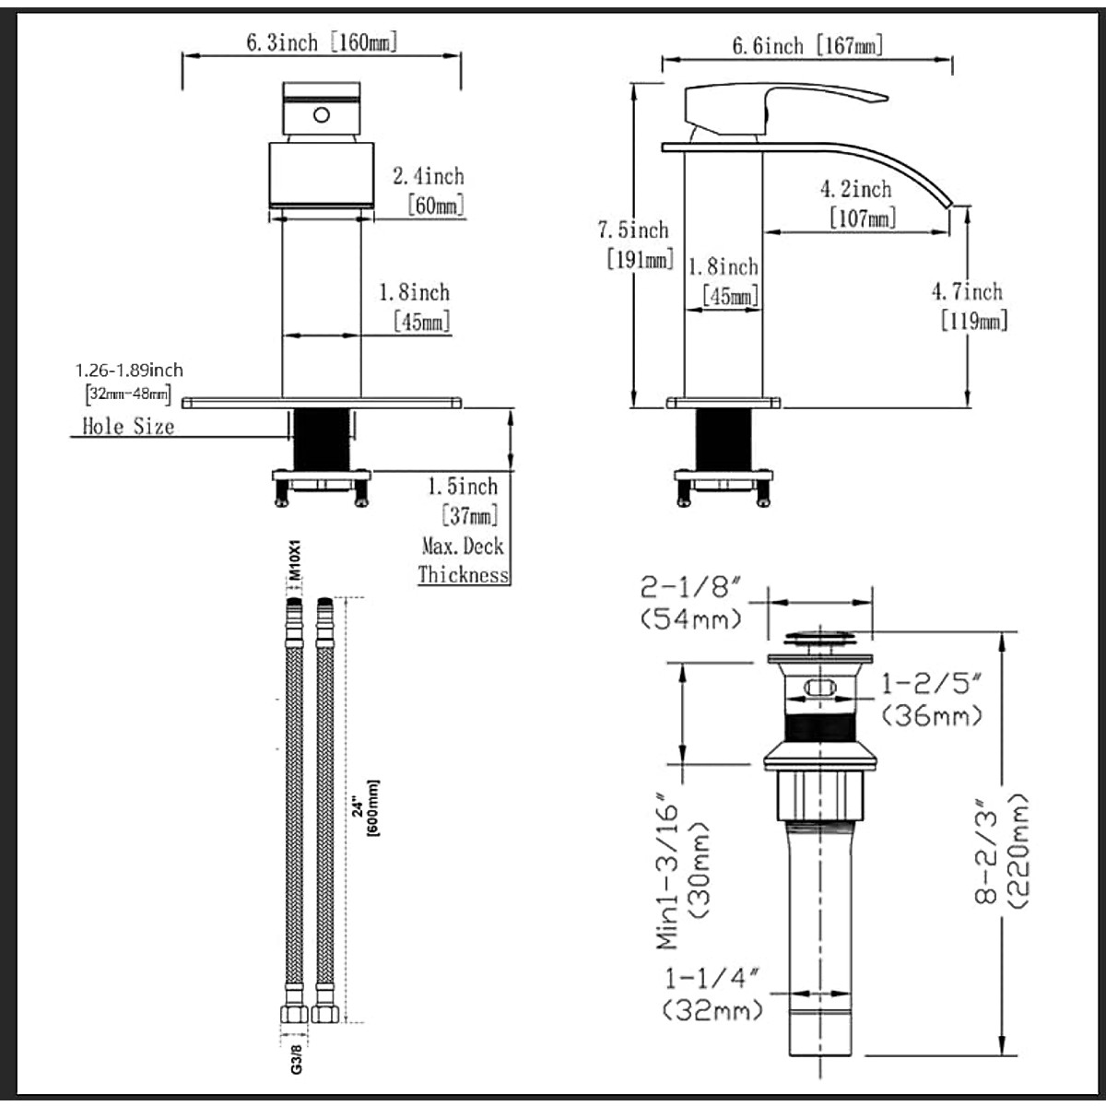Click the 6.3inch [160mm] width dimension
(x=322, y=42)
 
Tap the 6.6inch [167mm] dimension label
(x=807, y=46)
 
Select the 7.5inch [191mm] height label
(x=635, y=245)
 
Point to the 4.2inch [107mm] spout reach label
(x=857, y=204)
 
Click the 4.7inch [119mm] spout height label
(x=970, y=307)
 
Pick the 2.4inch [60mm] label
(x=429, y=191)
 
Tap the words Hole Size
(x=128, y=427)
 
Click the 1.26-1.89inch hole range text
(x=129, y=371)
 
